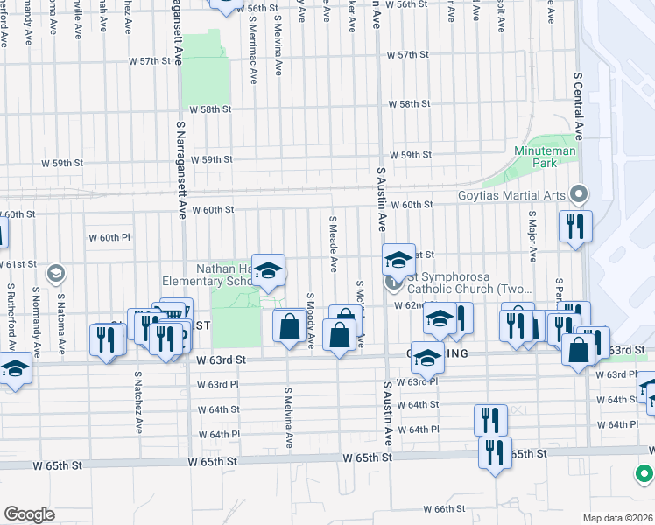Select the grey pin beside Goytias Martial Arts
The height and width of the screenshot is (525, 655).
click(x=578, y=193)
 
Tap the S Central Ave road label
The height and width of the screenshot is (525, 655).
click(x=579, y=105)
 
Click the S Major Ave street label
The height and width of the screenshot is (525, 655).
click(x=532, y=235)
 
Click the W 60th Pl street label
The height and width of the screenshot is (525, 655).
click(x=109, y=237)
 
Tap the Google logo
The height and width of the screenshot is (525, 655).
click(x=29, y=514)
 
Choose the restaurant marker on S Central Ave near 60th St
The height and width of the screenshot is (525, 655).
click(x=575, y=227)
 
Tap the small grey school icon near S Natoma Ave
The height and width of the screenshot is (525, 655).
click(x=55, y=275)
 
